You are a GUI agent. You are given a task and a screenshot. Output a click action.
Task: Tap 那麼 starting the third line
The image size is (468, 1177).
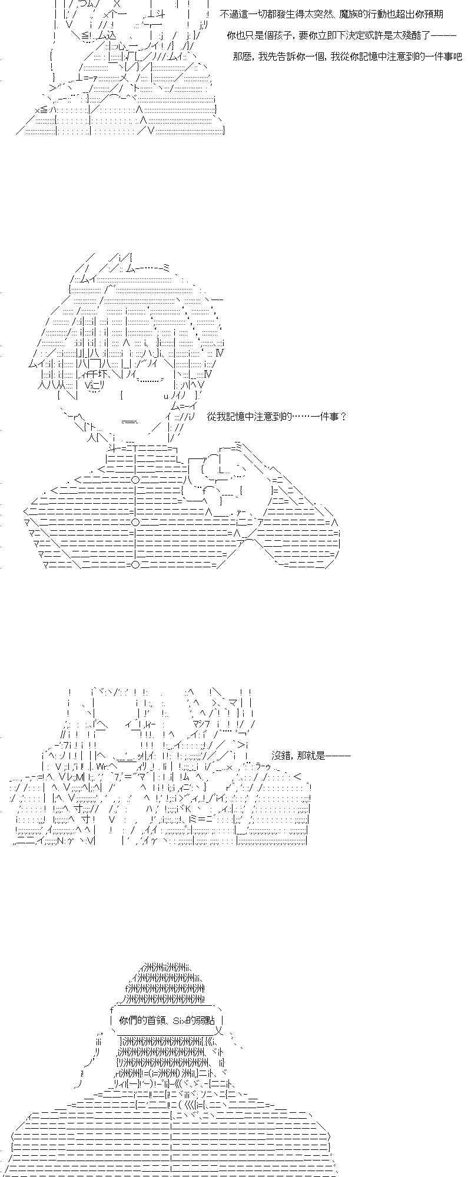pos(241,57)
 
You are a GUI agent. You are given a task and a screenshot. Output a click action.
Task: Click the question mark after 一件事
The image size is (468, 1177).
pos(344,417)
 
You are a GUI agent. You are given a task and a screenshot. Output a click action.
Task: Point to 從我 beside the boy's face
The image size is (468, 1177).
pos(217,417)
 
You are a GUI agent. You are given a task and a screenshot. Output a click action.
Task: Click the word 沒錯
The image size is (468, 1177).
pos(281,756)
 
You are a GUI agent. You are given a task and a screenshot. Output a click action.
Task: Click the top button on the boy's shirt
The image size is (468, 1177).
pos(135,479)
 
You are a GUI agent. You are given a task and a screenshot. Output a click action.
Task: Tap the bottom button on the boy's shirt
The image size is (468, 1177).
pos(135,564)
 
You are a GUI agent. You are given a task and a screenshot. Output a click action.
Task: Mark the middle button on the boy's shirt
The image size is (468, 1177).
pos(135,522)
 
